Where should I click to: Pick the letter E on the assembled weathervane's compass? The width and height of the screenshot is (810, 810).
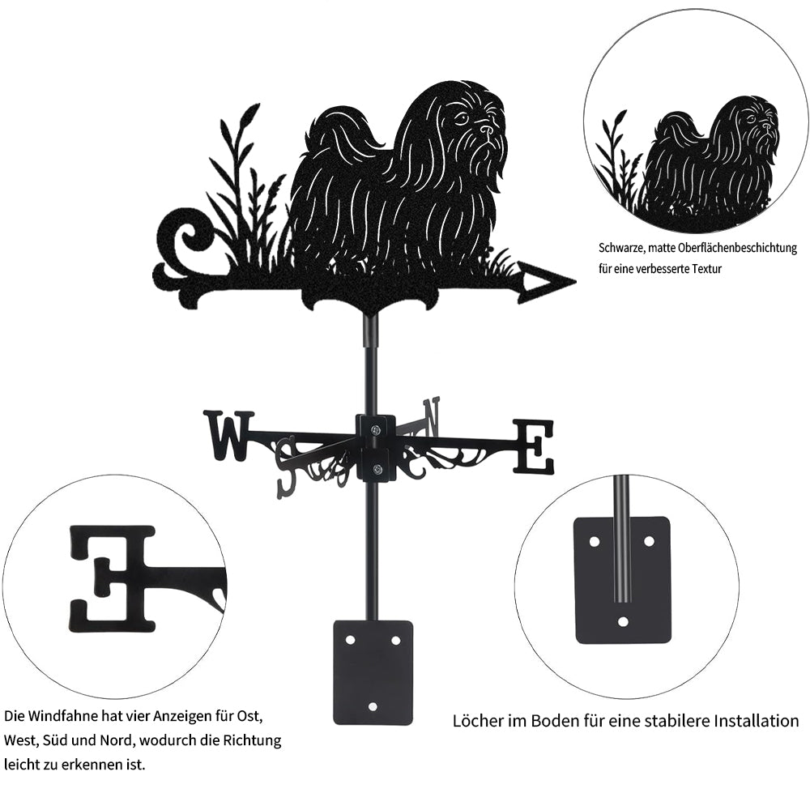(x=534, y=446)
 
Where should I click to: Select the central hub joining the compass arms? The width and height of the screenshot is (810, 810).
(x=376, y=447)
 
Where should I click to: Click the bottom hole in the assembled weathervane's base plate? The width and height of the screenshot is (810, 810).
(x=373, y=707)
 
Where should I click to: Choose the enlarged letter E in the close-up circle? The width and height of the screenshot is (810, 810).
(x=112, y=578)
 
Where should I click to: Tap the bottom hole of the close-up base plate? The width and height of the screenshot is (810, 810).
(x=622, y=622)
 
